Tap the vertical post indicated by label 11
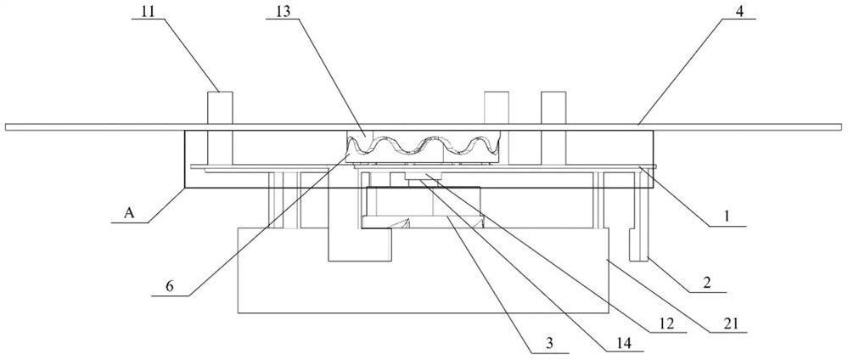pos(218,106)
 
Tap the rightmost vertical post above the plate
pos(553,106)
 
